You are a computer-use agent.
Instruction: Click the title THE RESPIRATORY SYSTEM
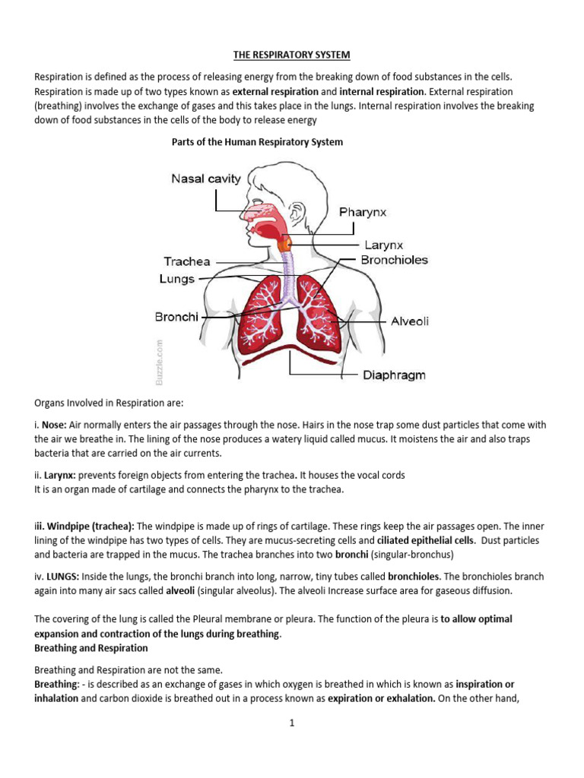coord(291,55)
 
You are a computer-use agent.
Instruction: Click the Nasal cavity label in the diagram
coord(205,179)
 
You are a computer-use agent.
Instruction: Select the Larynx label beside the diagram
coord(383,245)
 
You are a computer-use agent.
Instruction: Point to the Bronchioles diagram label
coord(394,260)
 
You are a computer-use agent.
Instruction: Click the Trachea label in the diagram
coord(187,261)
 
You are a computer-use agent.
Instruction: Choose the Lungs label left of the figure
coord(177,279)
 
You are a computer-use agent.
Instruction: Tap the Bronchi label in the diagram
coord(176,317)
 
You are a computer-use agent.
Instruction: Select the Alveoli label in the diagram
coord(410,321)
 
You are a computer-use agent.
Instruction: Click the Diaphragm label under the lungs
coord(394,375)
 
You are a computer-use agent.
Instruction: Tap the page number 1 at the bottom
coord(291,723)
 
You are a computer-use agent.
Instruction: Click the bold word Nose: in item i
coord(54,425)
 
